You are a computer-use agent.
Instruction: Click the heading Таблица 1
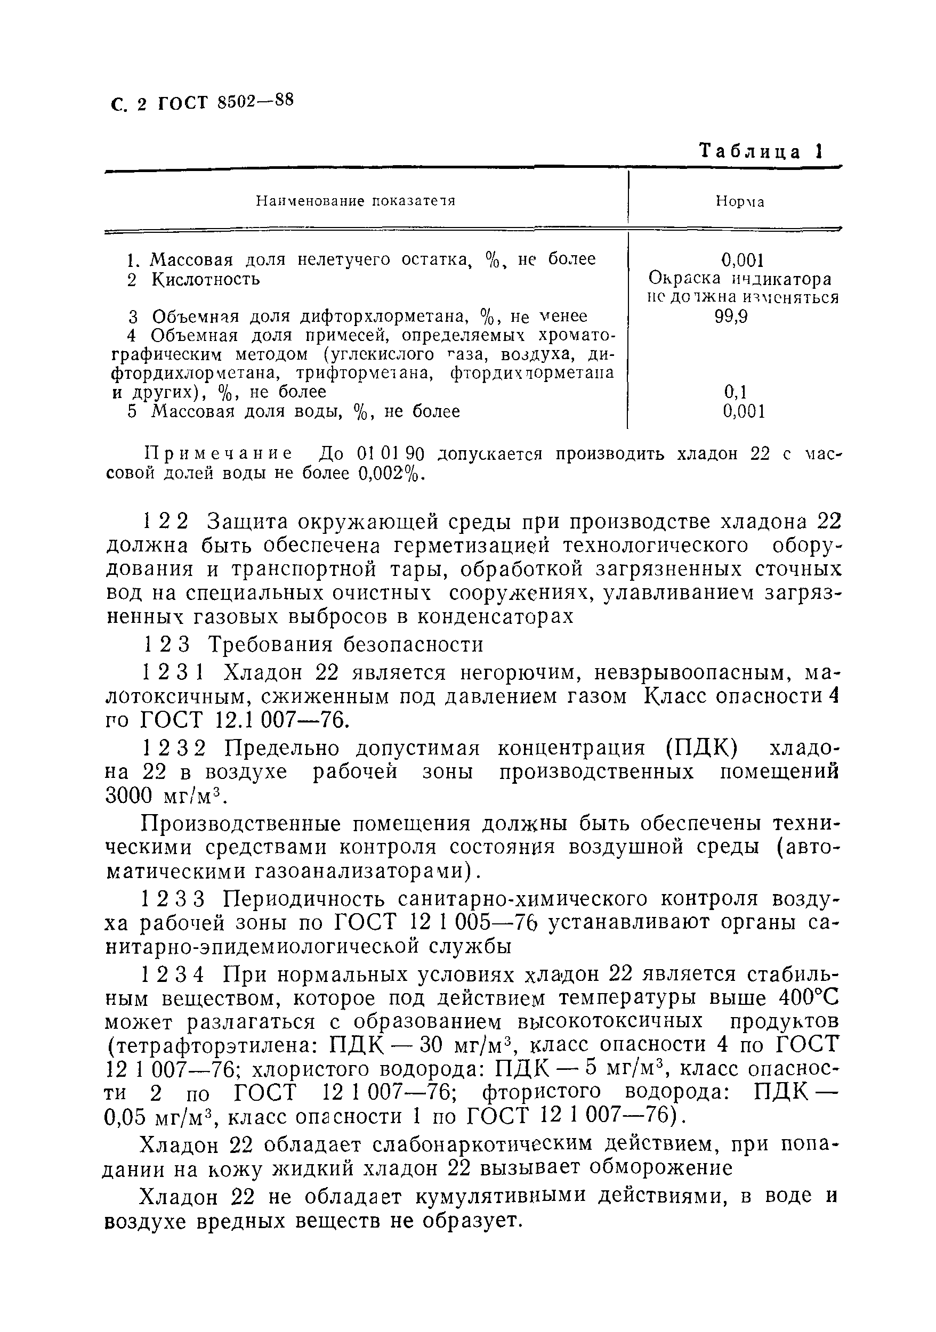coord(761,151)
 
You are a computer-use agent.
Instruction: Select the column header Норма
coord(740,202)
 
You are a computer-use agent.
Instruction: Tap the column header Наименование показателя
coord(356,201)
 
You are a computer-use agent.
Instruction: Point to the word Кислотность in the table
coord(205,280)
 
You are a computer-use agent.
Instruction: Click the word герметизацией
coord(492,546)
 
